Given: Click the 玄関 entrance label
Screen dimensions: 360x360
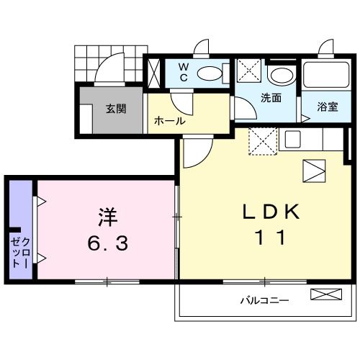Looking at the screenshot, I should click(116, 109).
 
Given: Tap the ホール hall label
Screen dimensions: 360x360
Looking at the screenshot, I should click(170, 121).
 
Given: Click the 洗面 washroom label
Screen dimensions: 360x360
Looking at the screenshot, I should click(271, 98).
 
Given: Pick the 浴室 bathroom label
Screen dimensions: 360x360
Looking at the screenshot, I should click(328, 107).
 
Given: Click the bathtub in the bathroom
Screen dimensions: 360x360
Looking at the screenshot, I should click(325, 76).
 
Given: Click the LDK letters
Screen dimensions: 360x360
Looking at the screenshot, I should click(270, 210).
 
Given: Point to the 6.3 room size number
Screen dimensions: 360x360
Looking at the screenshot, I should click(109, 244).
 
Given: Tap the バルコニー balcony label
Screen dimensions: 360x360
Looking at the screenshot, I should click(265, 299).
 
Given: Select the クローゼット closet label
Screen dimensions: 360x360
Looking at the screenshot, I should click(19, 248).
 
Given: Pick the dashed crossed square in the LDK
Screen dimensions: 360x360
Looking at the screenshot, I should click(262, 140).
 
